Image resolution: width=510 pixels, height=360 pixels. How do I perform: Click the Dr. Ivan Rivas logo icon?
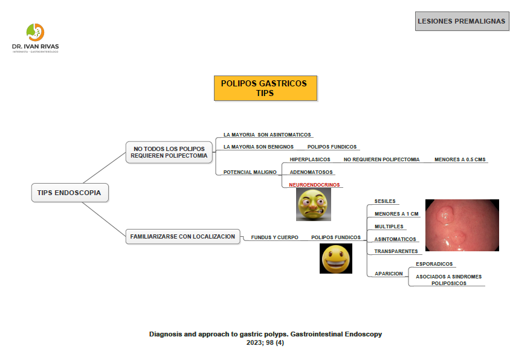(36, 32)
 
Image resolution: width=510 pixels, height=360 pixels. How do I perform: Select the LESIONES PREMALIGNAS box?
(461, 21)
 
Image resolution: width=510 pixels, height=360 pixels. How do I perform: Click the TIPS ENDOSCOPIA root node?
(69, 193)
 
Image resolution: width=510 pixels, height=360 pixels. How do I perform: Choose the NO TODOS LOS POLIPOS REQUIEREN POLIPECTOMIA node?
(169, 152)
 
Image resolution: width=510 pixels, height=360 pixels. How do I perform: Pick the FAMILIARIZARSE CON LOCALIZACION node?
(182, 237)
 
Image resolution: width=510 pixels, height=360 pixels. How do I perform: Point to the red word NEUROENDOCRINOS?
(314, 185)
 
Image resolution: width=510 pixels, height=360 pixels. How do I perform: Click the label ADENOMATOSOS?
(311, 172)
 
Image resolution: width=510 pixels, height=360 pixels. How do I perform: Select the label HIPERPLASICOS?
(310, 159)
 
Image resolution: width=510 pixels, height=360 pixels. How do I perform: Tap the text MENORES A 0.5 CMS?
(460, 159)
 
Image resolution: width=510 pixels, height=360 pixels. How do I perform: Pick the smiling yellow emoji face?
(335, 259)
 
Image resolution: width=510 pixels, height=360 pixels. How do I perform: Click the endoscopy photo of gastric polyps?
(462, 225)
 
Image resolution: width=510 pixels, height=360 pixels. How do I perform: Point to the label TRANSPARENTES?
(396, 251)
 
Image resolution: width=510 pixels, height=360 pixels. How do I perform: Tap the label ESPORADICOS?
(434, 264)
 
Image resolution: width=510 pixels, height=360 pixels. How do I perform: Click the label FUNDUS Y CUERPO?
(274, 237)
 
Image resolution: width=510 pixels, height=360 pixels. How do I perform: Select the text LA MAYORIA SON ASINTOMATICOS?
(267, 135)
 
